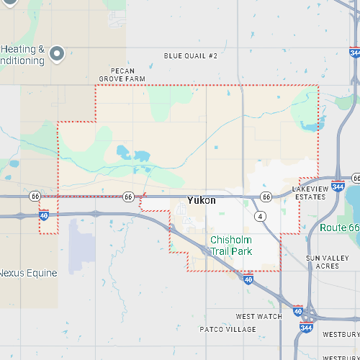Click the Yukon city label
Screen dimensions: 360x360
pos(201,200)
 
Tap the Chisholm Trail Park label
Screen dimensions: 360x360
pos(231,246)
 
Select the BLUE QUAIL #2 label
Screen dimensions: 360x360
pos(190,55)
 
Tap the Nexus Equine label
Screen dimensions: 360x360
pos(28,273)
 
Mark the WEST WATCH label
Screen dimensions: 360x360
pos(259,316)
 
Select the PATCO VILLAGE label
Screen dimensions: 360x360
pos(228,329)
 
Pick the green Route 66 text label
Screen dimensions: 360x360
pos(339,228)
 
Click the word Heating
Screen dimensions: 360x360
pos(22,50)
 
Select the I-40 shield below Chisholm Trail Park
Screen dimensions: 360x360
pos(248,279)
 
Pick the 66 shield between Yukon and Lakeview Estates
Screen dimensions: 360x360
pos(266,197)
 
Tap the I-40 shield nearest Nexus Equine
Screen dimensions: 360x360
pos(44,215)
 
